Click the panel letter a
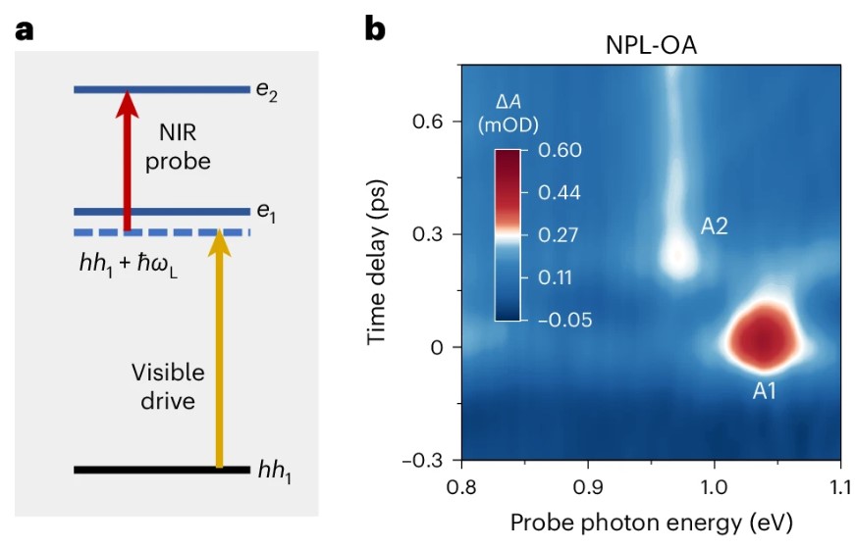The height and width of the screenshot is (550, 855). tap(25, 29)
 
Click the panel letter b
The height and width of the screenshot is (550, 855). tap(375, 29)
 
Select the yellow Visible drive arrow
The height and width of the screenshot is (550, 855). tap(220, 353)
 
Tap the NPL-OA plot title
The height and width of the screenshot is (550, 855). tap(651, 46)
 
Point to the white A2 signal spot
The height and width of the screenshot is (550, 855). tap(678, 256)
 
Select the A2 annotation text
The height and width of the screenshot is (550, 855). tap(714, 227)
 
